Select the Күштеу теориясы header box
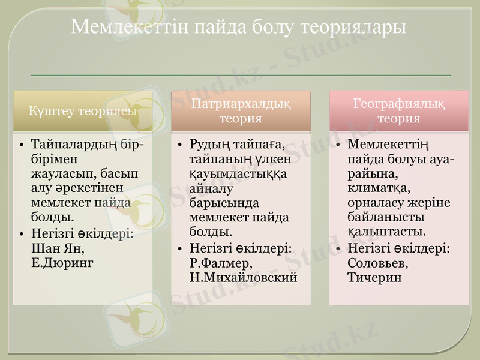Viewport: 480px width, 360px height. (83, 111)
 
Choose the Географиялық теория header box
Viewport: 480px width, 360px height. (399, 111)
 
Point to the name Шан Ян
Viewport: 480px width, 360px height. (57, 248)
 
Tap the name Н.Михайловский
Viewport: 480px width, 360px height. (243, 277)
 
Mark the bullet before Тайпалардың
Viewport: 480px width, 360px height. (21, 145)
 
